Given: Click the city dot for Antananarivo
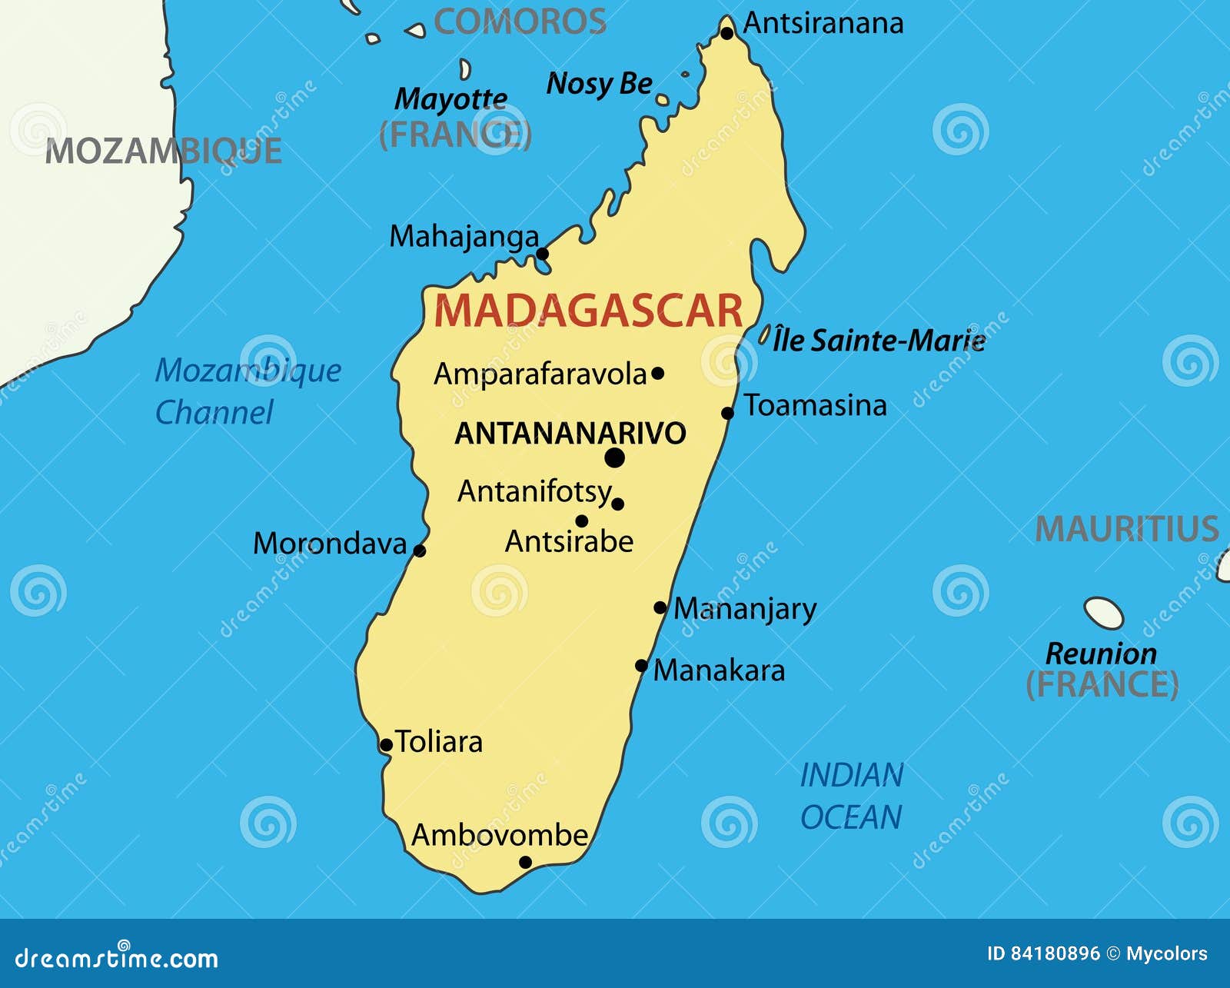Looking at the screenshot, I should tap(614, 458).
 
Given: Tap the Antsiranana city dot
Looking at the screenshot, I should tap(726, 32).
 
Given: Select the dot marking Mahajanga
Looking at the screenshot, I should tap(542, 254).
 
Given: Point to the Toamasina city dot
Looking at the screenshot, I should tap(727, 414).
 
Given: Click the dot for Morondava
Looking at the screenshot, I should tap(419, 551).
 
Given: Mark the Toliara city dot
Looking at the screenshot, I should tap(386, 745).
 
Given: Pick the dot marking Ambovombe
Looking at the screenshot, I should tap(525, 862).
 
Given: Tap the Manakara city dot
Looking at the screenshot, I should tap(642, 666).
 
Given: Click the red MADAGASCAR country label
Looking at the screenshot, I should tap(588, 311).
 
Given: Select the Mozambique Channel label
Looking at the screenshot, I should tap(248, 391).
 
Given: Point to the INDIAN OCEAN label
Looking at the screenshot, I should tap(851, 796).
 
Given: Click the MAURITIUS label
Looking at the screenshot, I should tap(1126, 529).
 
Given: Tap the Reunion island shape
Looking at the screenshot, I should tap(1103, 613).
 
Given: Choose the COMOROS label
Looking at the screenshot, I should tap(520, 22).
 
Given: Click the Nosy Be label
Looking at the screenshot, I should tap(599, 83).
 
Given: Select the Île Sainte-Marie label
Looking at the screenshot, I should tap(879, 340).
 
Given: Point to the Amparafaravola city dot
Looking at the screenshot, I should tap(657, 374).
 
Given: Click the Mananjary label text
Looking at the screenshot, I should tap(744, 609).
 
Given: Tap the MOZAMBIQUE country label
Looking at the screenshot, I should tap(163, 151).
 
